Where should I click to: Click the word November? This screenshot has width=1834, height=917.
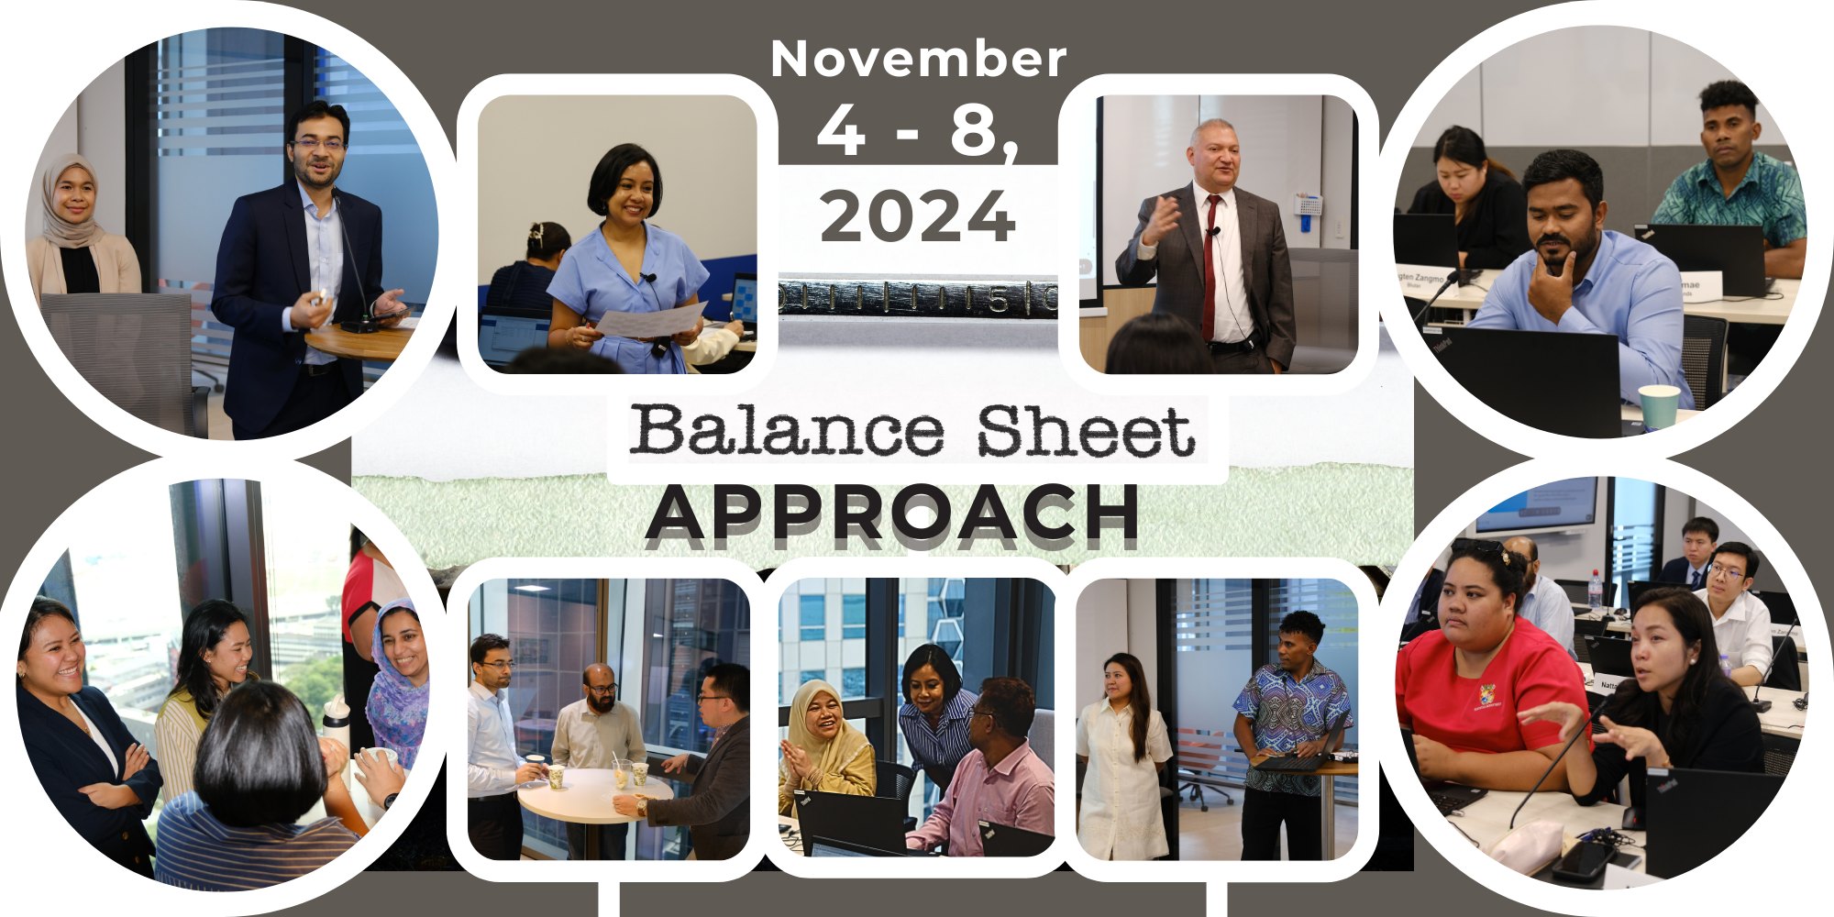pyautogui.click(x=918, y=59)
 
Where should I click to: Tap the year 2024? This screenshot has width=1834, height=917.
pyautogui.click(x=918, y=216)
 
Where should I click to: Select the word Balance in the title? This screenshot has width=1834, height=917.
pyautogui.click(x=787, y=430)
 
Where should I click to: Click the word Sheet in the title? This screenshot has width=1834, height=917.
pyautogui.click(x=1086, y=431)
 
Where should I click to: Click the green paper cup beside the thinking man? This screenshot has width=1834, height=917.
pyautogui.click(x=1659, y=407)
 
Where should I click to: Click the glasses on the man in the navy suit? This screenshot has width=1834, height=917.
pyautogui.click(x=318, y=144)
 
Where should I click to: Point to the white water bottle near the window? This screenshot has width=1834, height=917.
pyautogui.click(x=337, y=720)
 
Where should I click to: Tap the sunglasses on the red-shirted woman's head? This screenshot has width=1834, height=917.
pyautogui.click(x=1478, y=547)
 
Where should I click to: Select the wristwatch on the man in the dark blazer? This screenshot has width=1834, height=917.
pyautogui.click(x=642, y=807)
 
